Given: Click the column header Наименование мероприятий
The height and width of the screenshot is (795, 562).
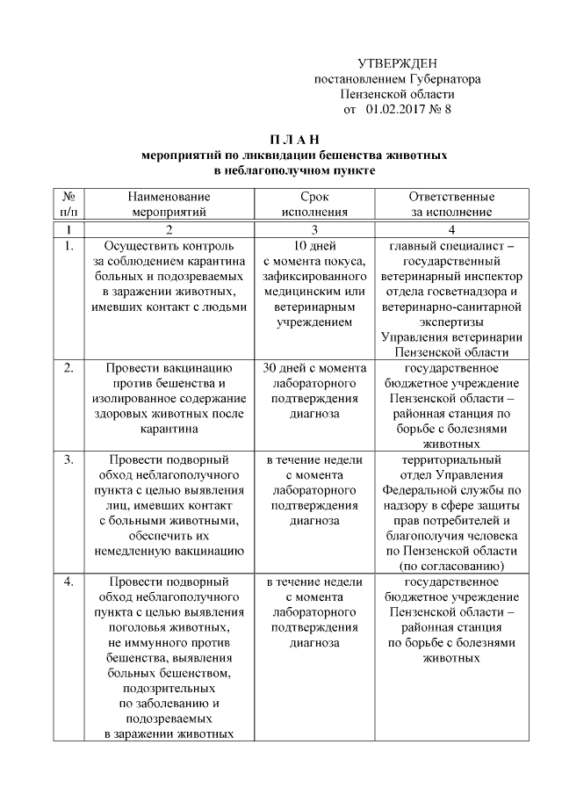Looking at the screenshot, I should click(167, 204).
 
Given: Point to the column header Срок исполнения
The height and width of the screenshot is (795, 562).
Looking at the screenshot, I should click(314, 204).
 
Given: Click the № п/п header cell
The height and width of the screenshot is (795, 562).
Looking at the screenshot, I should click(68, 204).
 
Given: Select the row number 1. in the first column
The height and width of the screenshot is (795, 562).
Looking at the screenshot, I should click(68, 246).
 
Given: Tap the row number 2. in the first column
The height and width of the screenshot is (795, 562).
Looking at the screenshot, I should click(68, 368).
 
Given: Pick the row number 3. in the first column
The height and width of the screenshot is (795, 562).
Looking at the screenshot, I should click(68, 459).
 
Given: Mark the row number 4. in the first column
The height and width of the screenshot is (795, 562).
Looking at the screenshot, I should click(68, 582).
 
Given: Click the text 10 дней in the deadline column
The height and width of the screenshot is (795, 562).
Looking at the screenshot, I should click(314, 246).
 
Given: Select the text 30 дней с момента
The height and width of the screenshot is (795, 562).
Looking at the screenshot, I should click(314, 368).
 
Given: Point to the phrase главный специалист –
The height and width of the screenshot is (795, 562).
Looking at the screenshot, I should click(451, 246).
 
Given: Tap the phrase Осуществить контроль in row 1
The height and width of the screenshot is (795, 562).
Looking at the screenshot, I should click(167, 246).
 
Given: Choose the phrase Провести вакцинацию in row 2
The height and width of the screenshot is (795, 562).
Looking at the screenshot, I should click(167, 368).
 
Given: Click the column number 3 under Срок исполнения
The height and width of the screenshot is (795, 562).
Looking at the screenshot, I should click(314, 229).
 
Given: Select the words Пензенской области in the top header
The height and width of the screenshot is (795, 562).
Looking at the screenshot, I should click(397, 94).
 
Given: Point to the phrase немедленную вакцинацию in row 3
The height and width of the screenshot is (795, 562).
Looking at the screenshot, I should click(167, 551).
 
